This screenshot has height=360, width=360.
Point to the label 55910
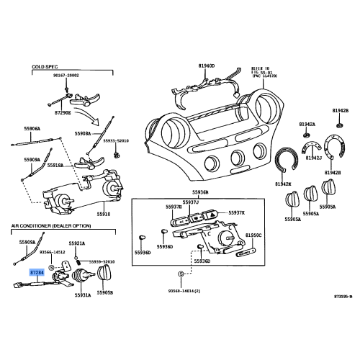point(105,214)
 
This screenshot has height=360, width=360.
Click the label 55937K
point(237,213)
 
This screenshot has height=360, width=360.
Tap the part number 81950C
point(254,235)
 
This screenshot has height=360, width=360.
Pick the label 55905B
point(105,293)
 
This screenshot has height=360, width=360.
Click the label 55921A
point(77,243)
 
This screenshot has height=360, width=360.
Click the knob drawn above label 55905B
point(106,274)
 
